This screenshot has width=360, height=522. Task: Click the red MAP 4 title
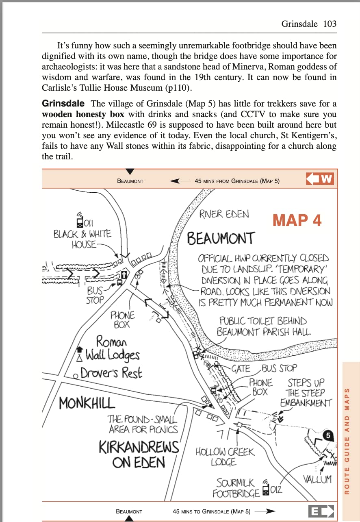click(297, 220)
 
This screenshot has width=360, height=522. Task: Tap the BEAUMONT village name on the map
click(221, 238)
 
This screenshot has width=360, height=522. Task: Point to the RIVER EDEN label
click(224, 214)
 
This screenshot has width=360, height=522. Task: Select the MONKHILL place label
click(87, 403)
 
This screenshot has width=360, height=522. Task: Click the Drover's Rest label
click(111, 373)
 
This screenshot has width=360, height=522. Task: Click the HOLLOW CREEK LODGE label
click(225, 457)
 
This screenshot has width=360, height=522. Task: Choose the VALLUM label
click(317, 479)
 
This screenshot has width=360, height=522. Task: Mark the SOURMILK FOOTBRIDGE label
click(236, 488)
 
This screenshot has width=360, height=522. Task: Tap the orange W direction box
click(321, 179)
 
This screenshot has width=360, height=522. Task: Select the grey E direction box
click(321, 511)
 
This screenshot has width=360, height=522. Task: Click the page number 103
click(330, 24)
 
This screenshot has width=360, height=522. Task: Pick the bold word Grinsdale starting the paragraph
click(63, 103)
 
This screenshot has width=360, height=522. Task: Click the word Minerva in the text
click(230, 67)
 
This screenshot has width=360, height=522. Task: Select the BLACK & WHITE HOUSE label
click(82, 239)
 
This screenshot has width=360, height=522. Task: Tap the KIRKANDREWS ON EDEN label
click(139, 455)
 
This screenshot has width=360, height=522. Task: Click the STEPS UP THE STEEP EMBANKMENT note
click(306, 393)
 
